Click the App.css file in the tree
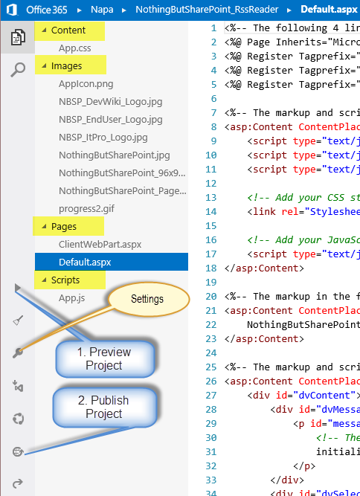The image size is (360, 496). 74,48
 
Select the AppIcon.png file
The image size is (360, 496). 86,84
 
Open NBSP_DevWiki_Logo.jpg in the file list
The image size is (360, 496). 110,102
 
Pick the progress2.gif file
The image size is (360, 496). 86,209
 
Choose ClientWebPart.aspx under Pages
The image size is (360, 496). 100,245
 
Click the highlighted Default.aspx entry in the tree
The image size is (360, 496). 85,263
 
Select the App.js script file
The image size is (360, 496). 71,298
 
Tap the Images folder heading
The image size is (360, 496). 66,65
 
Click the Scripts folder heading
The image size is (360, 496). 65,280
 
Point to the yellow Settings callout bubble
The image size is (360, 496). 148,299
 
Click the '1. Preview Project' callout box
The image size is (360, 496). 105,358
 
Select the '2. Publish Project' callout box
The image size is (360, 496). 104,407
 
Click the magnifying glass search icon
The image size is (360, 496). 18,70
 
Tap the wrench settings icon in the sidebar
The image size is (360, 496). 17,352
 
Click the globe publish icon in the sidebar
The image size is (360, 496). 18,451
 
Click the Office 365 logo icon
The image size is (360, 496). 12,10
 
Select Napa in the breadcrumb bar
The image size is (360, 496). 102,10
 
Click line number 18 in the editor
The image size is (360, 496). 211,268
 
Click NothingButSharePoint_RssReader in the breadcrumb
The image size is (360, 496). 207,10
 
